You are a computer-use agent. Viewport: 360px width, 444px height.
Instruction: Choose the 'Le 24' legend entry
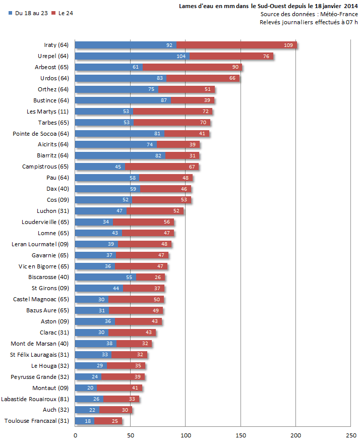(66, 13)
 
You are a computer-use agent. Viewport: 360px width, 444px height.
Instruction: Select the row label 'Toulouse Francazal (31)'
(37, 421)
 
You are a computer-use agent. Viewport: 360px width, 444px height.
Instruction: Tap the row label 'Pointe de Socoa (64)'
(41, 134)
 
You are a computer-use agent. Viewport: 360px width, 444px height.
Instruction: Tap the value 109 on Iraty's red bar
(288, 45)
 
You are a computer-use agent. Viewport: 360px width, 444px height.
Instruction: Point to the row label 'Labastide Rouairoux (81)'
(35, 399)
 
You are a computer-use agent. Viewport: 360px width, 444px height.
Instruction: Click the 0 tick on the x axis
(76, 435)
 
